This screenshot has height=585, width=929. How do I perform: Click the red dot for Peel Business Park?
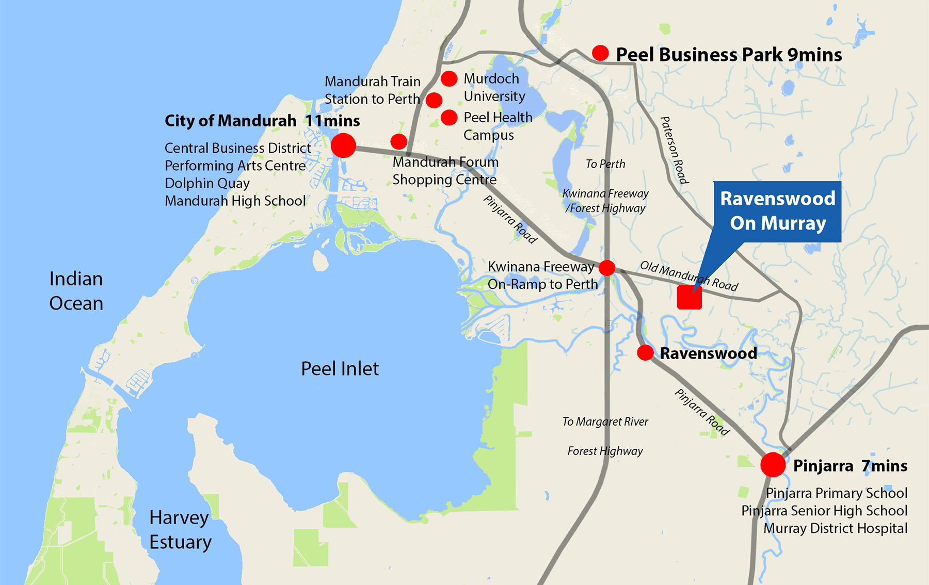click(600, 53)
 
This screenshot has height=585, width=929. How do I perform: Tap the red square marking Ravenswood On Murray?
click(689, 298)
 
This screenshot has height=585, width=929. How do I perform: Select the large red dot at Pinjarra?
click(773, 465)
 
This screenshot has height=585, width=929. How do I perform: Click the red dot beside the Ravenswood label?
click(645, 353)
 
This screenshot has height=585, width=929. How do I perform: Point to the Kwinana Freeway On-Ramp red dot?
click(607, 268)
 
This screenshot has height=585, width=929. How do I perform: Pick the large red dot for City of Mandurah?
click(343, 145)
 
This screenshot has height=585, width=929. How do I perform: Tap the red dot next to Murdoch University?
click(449, 78)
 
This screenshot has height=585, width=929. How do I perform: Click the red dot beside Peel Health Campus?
click(449, 118)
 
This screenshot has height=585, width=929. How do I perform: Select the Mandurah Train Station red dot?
click(434, 100)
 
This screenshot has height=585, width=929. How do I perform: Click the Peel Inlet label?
click(340, 369)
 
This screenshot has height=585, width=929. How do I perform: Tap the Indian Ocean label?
click(76, 291)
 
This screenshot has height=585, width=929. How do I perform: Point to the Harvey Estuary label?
click(180, 530)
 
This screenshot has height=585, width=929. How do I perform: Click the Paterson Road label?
click(674, 150)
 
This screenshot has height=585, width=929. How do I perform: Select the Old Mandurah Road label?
click(689, 276)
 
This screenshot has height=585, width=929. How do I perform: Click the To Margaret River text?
click(605, 421)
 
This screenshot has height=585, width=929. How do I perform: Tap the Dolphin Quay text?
click(207, 183)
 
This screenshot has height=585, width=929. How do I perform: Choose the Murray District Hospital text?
click(835, 528)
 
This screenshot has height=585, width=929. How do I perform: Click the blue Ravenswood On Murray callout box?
click(777, 211)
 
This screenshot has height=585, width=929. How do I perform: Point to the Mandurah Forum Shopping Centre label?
click(445, 171)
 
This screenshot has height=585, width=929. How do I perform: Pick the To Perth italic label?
click(605, 164)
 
